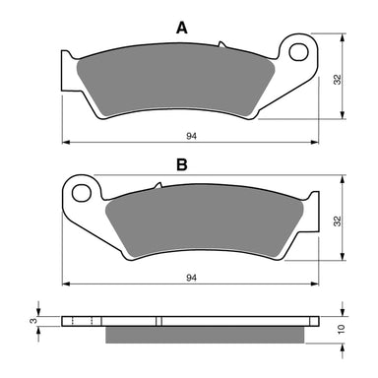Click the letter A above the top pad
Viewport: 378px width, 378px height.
181,30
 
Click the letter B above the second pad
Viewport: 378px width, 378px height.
181,164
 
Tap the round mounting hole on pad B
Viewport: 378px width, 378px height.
81,188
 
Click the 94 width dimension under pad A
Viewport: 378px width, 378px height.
192,137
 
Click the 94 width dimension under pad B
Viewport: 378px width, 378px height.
192,279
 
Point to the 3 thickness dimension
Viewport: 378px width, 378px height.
33,320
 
